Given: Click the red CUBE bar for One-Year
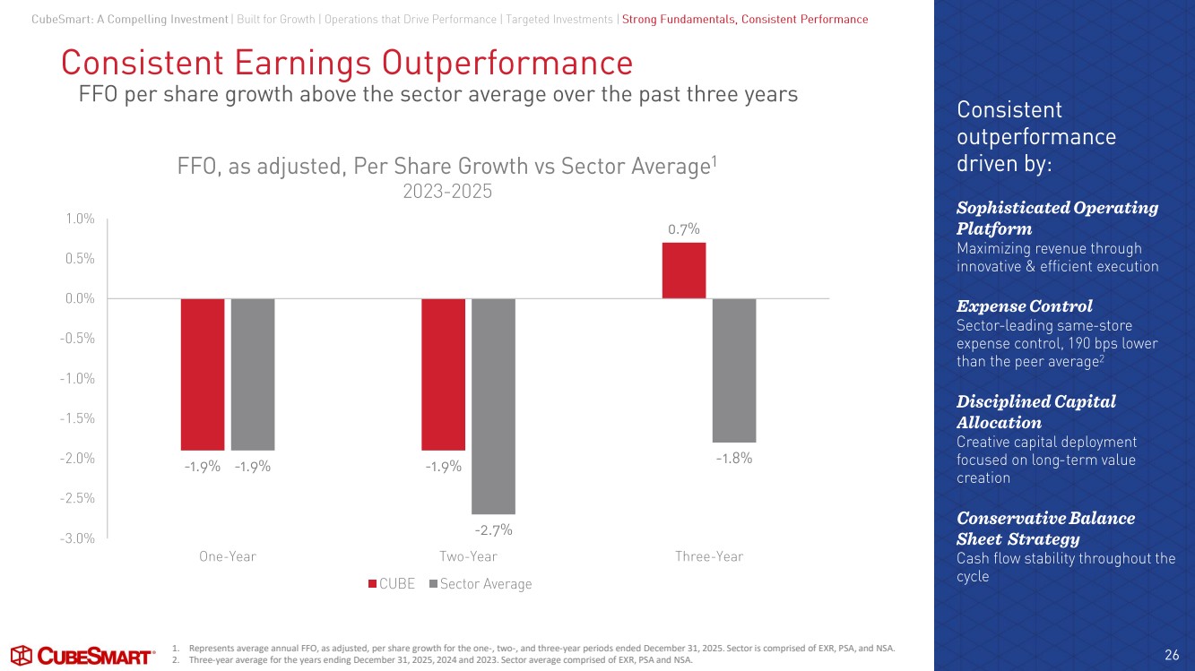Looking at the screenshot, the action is pos(203,374).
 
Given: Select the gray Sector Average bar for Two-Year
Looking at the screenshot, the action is pos(493,406).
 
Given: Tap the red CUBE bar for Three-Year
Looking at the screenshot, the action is pos(684,271).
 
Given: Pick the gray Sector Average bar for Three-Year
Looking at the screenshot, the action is pos(734,370).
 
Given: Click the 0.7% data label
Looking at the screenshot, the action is pos(684,229).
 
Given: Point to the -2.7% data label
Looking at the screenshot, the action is pos(493,530).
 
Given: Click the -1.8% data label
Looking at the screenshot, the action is pos(734,459).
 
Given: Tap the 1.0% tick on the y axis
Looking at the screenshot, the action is pos(80,219).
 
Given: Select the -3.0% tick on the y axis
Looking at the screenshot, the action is pos(77,538).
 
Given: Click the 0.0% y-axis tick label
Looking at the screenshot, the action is pos(80,298).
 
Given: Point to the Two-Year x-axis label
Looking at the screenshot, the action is pos(468,556).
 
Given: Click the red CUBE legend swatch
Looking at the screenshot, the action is pos(372,584).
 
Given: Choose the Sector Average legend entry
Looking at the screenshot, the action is pos(481,584).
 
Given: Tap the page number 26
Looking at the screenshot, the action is pos(1172,655).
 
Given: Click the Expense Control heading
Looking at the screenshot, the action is pos(1025,305).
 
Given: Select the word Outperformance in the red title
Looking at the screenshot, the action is pos(507,63).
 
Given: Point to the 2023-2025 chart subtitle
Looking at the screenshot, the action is pos(447,192).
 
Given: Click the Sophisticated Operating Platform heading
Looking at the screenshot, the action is pos(1057,218).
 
